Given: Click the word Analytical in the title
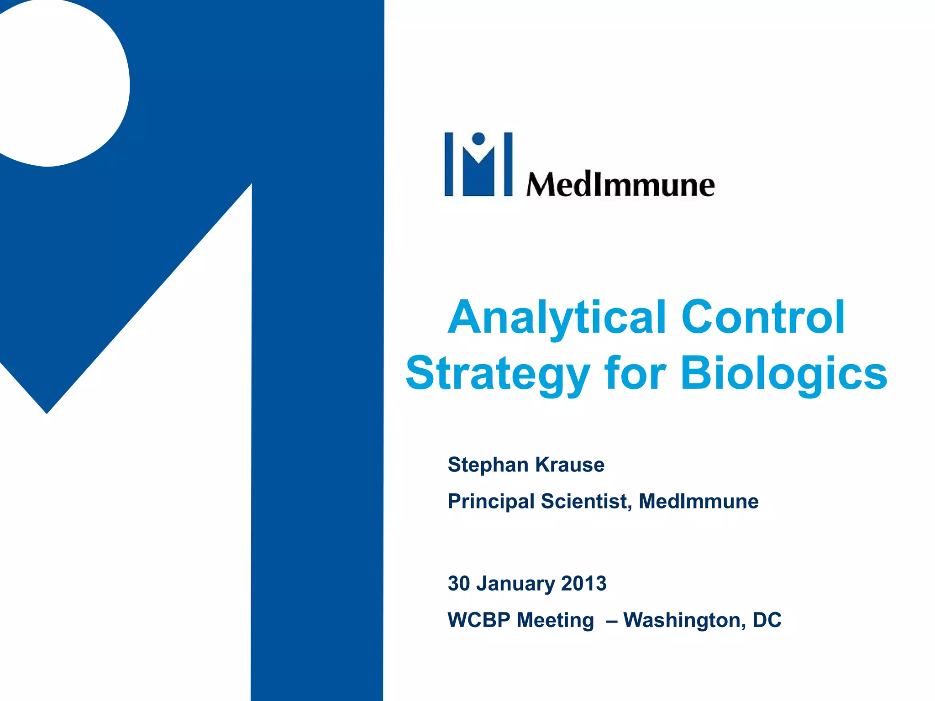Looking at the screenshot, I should tap(557, 319).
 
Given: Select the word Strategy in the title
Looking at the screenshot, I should tap(498, 374).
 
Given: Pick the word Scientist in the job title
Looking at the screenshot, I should tap(586, 502).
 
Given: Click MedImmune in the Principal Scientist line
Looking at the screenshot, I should tap(699, 502).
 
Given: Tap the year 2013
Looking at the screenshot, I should tap(584, 584).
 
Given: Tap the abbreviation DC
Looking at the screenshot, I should tap(767, 620).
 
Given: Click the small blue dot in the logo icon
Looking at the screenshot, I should tap(478, 138).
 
